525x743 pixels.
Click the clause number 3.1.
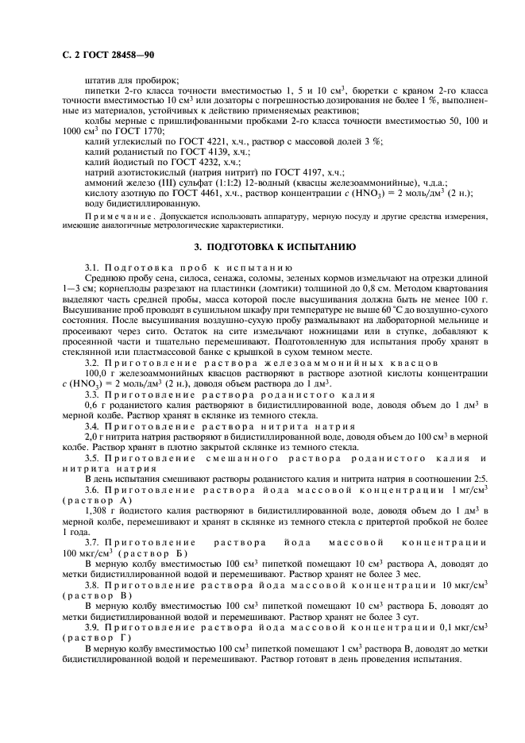click(93, 268)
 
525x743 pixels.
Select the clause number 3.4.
click(93, 426)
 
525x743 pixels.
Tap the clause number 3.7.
click(93, 542)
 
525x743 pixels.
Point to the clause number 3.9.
click(93, 618)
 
